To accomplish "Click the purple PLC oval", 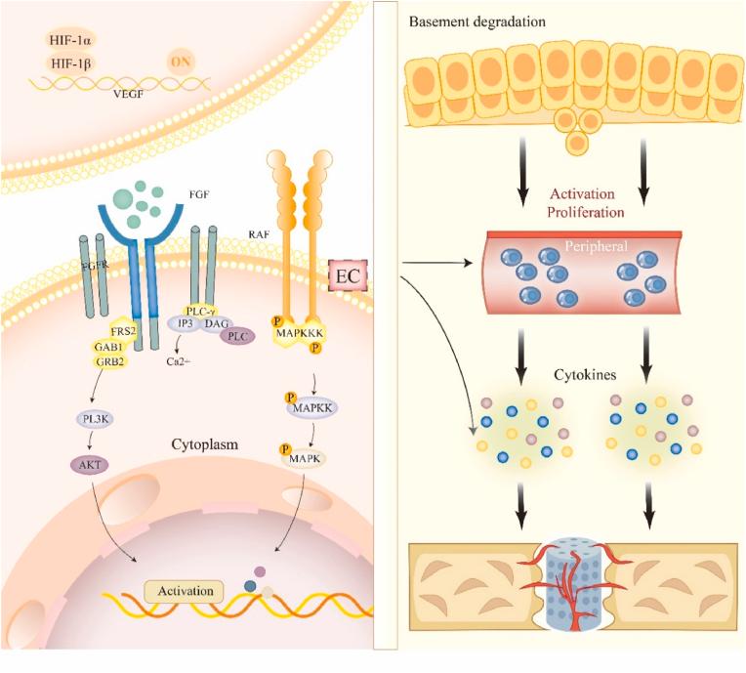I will (x=236, y=335).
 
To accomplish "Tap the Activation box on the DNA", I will (x=183, y=590).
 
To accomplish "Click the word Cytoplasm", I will (x=206, y=444).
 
